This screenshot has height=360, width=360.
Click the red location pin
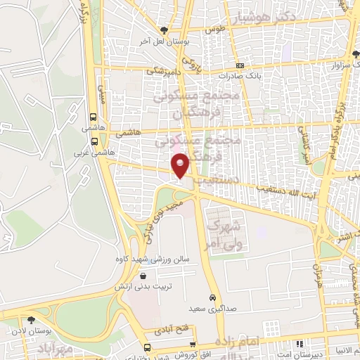click(x=181, y=165)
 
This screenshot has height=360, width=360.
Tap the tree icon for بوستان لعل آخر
click(x=164, y=30)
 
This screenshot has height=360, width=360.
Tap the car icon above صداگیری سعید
click(x=212, y=297)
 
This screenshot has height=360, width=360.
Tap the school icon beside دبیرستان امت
click(x=299, y=345)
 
